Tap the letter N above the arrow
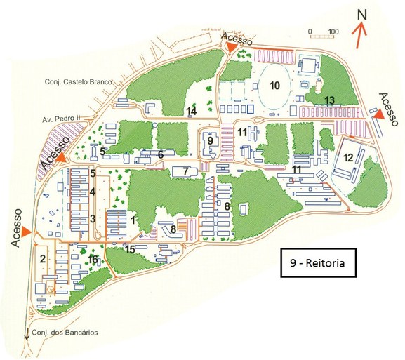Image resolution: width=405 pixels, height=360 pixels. pos(361,14)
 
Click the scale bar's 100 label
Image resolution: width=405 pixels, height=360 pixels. pos(333,32)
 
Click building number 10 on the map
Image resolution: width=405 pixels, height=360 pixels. pos(274,86)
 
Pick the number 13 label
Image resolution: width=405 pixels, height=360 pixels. pos(330,100)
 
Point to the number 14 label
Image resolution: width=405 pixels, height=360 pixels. pos(192,111)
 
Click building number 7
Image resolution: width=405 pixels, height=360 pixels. pos(185,171)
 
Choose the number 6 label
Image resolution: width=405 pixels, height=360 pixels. pos(161,154)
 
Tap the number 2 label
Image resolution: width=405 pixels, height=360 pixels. pos(42,259)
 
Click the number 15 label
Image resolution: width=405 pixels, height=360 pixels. pos(130,248)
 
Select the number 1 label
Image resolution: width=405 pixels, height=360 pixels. pos(133,220)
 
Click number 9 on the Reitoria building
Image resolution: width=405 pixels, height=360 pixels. pos(210,141)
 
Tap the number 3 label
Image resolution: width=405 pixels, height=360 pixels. pos(93,218)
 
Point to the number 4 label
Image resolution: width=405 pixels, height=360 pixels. pos(93,192)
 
